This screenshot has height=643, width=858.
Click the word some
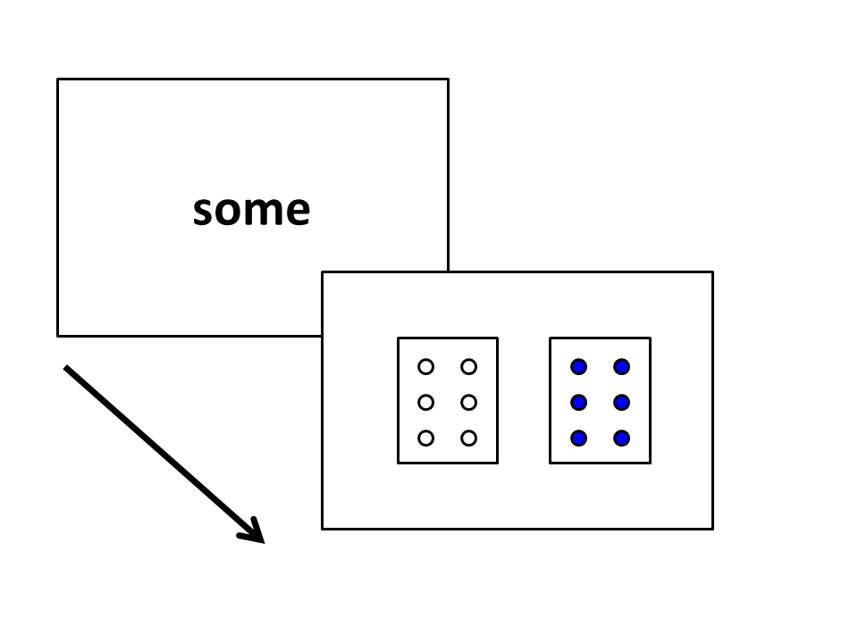(x=252, y=211)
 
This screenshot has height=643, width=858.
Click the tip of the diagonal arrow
(x=265, y=543)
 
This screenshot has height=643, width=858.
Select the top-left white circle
(x=425, y=366)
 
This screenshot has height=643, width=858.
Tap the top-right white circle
(x=468, y=366)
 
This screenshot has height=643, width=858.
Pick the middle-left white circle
(x=425, y=403)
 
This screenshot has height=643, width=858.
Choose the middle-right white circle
(x=468, y=403)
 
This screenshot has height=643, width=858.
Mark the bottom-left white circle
(x=425, y=438)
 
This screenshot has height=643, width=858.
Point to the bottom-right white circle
(x=468, y=438)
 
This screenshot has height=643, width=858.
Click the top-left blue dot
(x=578, y=366)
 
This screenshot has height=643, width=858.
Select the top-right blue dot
(x=621, y=366)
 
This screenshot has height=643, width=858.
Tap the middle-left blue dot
(x=578, y=403)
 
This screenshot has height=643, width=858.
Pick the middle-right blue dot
(x=621, y=403)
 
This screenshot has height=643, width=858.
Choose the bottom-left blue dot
(x=578, y=438)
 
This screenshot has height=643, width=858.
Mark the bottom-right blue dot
(x=621, y=438)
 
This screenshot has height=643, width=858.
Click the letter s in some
(x=203, y=212)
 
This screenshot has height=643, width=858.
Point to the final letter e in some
(x=298, y=212)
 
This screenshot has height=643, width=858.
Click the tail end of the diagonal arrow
(x=65, y=367)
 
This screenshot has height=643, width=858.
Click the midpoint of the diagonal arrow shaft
(x=164, y=455)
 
